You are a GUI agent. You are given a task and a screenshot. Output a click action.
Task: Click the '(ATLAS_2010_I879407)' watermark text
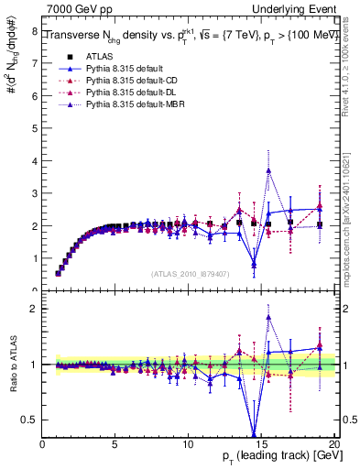(x=189, y=273)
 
